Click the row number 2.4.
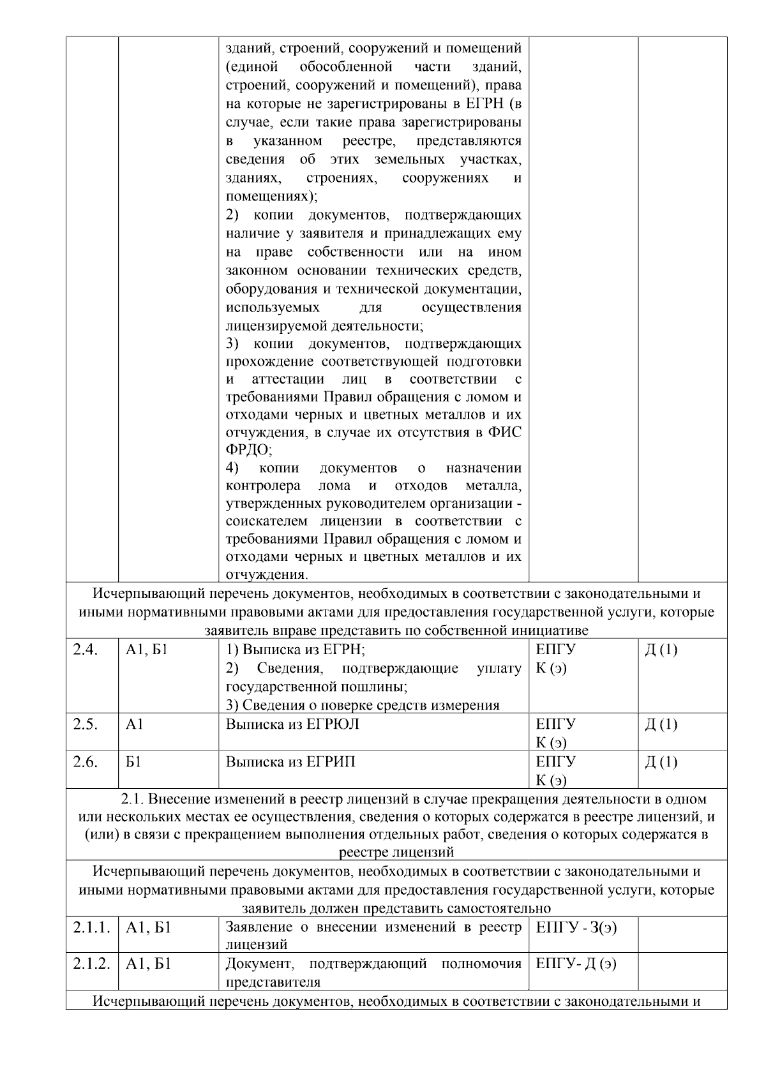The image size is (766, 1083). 85,650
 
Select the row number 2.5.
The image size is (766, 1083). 85,724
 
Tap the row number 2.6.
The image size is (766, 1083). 85,762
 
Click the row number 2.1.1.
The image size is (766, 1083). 91,927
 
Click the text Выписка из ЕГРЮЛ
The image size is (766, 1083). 292,724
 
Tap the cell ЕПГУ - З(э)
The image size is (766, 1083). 576,927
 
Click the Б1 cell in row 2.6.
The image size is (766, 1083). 133,762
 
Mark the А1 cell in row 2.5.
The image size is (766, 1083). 135,724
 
